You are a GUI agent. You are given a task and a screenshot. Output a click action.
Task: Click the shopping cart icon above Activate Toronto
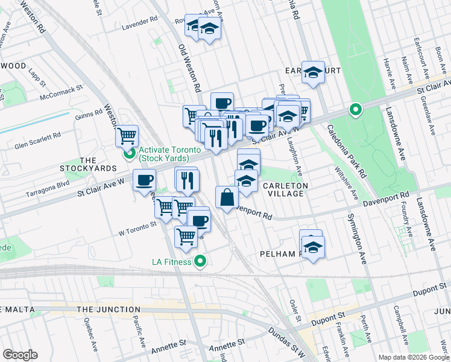tap(127, 136)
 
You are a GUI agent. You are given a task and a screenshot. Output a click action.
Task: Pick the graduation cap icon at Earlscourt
tap(313, 72)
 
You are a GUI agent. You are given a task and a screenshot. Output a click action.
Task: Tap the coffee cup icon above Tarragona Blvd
tap(144, 180)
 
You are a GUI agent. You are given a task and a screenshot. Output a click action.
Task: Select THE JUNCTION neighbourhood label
tap(109, 310)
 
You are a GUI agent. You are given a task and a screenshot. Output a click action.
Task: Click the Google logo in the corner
tap(20, 355)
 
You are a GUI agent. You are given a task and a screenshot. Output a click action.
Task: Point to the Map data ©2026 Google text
tap(413, 357)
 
